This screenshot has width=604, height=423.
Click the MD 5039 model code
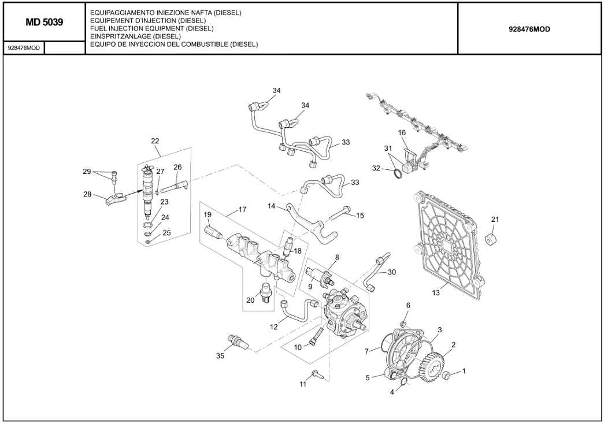coord(44,22)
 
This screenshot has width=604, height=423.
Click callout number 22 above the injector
coord(155,141)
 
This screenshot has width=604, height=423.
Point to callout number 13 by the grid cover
coord(436,293)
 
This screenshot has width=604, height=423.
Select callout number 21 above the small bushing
coord(495,220)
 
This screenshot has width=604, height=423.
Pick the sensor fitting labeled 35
coord(238,342)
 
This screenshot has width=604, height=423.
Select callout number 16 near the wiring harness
coord(402,133)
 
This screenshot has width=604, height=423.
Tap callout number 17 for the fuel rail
coord(242,210)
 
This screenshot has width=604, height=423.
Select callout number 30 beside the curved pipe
coord(392,272)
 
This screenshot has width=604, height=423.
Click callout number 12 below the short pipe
coord(275,326)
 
